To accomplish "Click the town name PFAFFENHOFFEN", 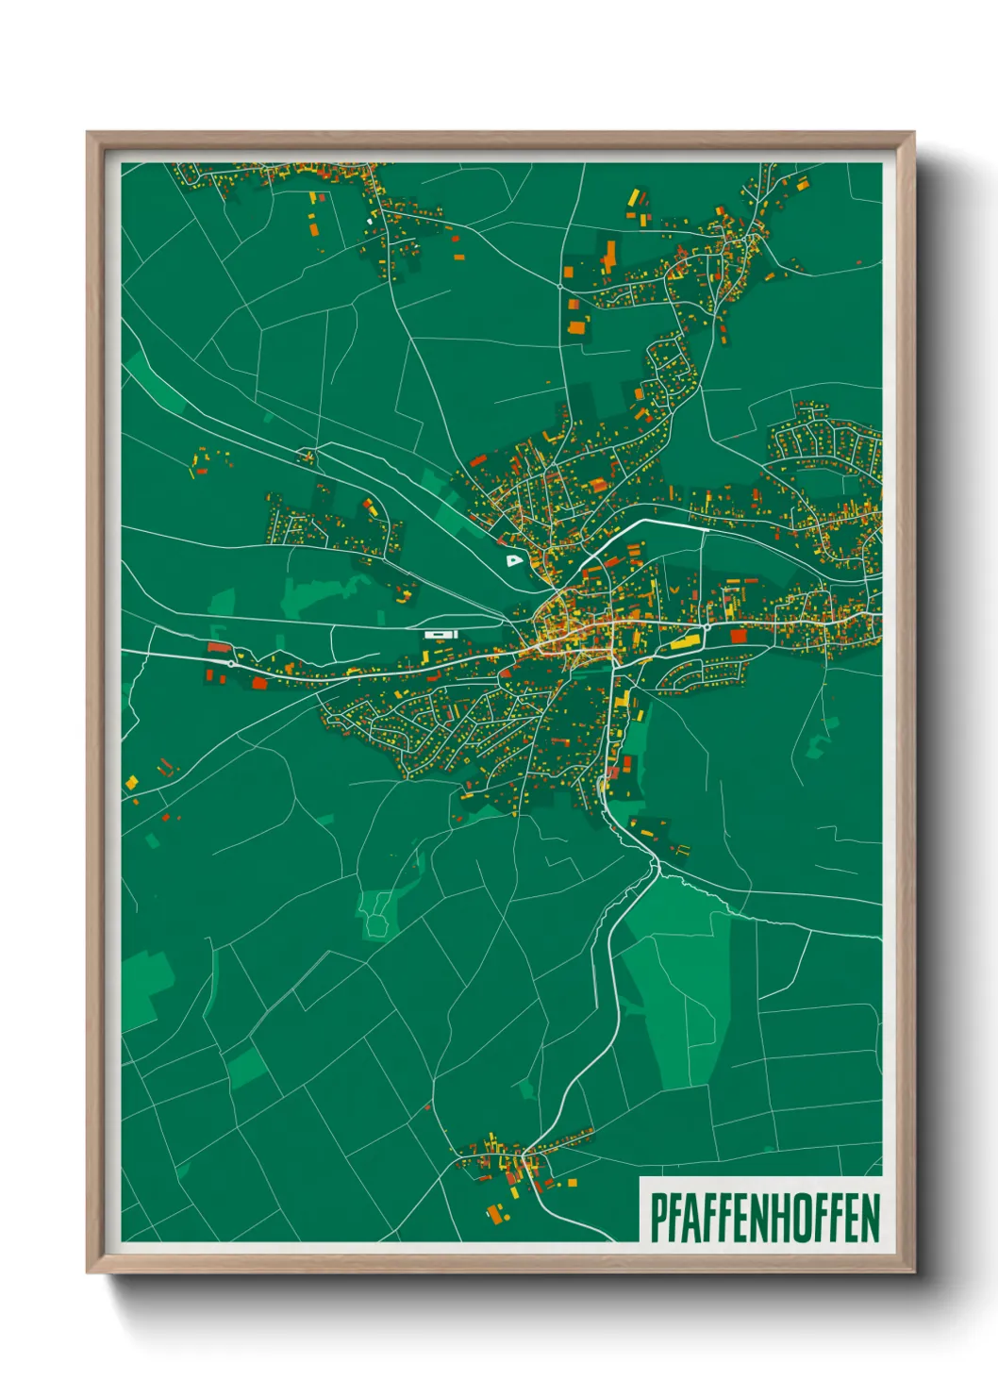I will pyautogui.click(x=764, y=1218).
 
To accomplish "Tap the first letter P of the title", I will pyautogui.click(x=657, y=1218).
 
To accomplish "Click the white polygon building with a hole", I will pyautogui.click(x=513, y=560).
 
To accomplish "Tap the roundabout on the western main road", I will pyautogui.click(x=231, y=663).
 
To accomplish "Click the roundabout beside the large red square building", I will pyautogui.click(x=707, y=626).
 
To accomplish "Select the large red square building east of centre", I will pyautogui.click(x=738, y=637).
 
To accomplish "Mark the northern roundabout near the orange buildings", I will pyautogui.click(x=560, y=285).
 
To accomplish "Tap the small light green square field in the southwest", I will pyautogui.click(x=247, y=1067).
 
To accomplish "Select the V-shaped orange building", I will pyautogui.click(x=675, y=588).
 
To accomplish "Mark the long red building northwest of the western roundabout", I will pyautogui.click(x=218, y=647).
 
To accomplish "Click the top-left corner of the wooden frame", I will pyautogui.click(x=88, y=133).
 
